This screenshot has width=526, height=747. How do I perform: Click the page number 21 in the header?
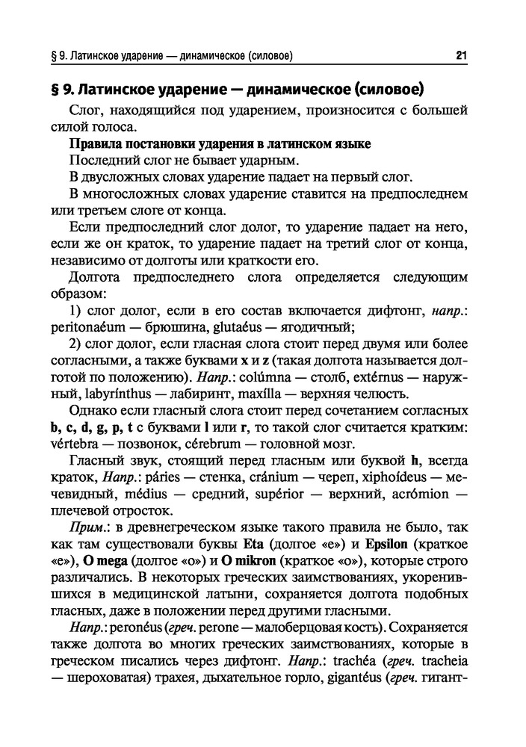tap(460, 55)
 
